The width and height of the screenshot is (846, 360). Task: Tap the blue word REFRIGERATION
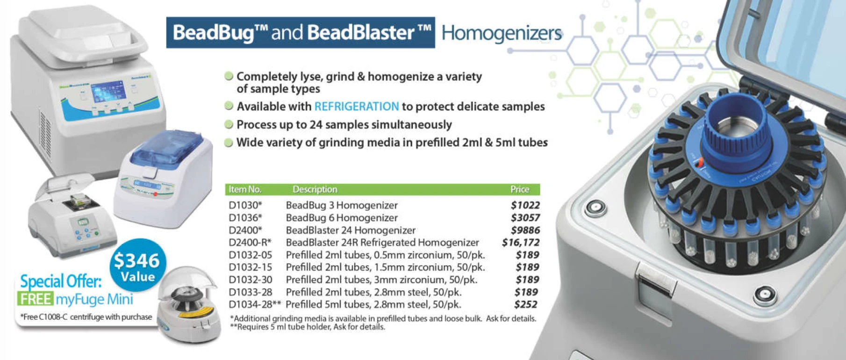pyautogui.click(x=357, y=107)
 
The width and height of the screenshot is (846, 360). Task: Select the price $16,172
pyautogui.click(x=521, y=242)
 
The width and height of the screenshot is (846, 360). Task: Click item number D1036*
pyautogui.click(x=245, y=218)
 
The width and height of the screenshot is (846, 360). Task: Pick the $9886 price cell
pyautogui.click(x=525, y=230)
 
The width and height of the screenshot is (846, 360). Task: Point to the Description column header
pyautogui.click(x=315, y=189)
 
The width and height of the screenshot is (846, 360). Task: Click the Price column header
pyautogui.click(x=520, y=189)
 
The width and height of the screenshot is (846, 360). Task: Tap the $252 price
pyautogui.click(x=526, y=304)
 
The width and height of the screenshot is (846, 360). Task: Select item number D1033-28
pyautogui.click(x=251, y=292)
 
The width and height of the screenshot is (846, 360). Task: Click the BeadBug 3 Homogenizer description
pyautogui.click(x=342, y=205)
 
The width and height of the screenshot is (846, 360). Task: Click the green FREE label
pyautogui.click(x=35, y=299)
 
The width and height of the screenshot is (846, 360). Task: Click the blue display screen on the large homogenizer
pyautogui.click(x=108, y=91)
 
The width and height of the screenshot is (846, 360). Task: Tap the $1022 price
pyautogui.click(x=525, y=205)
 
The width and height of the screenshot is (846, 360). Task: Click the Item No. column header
pyautogui.click(x=245, y=189)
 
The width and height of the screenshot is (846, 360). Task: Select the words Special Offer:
pyautogui.click(x=61, y=281)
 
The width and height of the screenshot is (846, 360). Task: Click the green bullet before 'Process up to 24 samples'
pyautogui.click(x=229, y=124)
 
